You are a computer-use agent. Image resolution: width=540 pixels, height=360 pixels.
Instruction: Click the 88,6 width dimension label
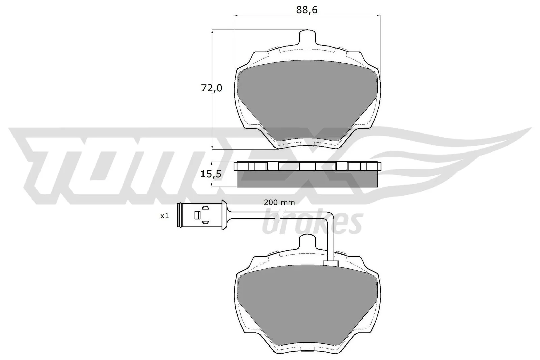click(307, 10)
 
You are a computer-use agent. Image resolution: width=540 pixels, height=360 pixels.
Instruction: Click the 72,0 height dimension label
click(212, 88)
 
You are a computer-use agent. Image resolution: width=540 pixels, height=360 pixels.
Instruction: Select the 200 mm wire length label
click(279, 202)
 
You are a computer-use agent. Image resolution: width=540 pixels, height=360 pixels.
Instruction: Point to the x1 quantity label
click(164, 216)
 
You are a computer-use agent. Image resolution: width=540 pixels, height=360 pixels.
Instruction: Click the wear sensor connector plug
click(199, 215)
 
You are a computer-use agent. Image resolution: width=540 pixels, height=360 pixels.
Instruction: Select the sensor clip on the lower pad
click(331, 263)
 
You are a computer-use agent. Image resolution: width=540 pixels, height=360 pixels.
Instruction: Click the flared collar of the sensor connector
click(223, 215)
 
